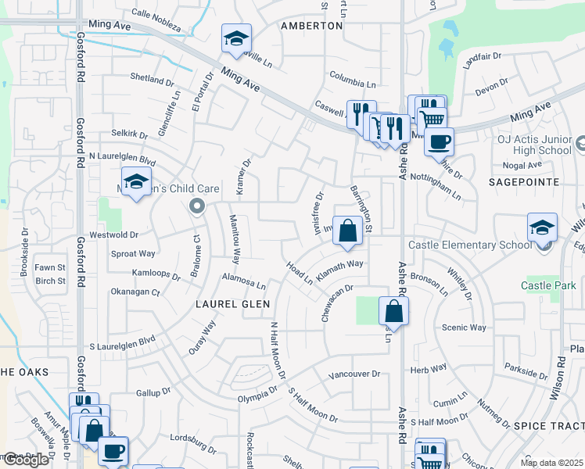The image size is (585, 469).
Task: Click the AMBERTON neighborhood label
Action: point(312,26)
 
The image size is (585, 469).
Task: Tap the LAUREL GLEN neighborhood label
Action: point(233,304)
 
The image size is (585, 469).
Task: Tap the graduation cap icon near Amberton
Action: point(235,38)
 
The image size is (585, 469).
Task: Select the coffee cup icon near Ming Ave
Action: point(439,141)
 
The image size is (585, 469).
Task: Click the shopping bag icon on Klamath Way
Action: point(348,230)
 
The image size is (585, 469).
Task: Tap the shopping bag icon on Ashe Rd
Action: point(393,311)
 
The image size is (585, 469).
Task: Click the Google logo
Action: point(26,460)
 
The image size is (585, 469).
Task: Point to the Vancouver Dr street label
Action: point(354,374)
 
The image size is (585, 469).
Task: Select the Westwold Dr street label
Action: point(114,234)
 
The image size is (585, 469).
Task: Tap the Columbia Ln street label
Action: point(352,81)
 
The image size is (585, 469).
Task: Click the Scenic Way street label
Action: point(464,328)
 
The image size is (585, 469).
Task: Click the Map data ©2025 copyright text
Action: point(551,463)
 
